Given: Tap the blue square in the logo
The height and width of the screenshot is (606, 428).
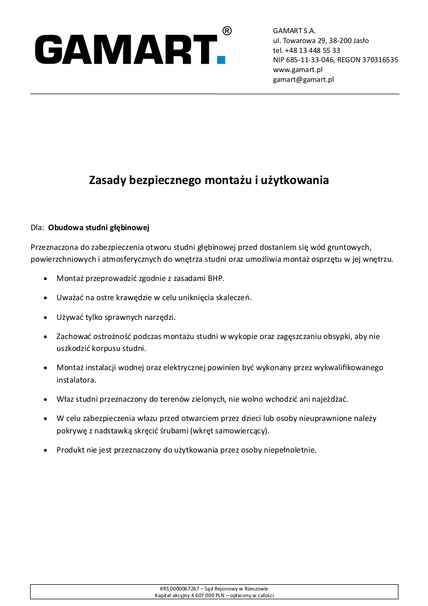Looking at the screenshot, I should click(x=221, y=60).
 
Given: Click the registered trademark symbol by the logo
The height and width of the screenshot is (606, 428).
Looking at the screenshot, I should click(x=227, y=31).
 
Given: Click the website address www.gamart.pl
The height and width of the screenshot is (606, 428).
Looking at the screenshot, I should click(x=298, y=69).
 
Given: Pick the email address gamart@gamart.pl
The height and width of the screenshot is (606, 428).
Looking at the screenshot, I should click(x=303, y=79).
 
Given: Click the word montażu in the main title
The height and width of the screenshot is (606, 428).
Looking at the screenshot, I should click(x=228, y=180).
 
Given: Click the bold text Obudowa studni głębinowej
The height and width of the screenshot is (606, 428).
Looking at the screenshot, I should click(x=98, y=227).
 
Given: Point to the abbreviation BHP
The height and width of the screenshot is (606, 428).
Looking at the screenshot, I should click(x=216, y=278).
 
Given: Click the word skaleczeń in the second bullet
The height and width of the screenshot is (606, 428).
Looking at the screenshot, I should click(x=235, y=298).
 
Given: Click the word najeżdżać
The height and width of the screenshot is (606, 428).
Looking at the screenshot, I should click(x=330, y=399).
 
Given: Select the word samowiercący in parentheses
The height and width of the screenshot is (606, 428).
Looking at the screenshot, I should click(x=242, y=431).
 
